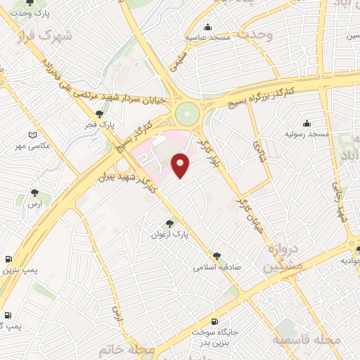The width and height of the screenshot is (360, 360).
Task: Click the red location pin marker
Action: coord(181,165)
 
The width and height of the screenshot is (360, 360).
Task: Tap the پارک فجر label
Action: coord(101,124)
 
